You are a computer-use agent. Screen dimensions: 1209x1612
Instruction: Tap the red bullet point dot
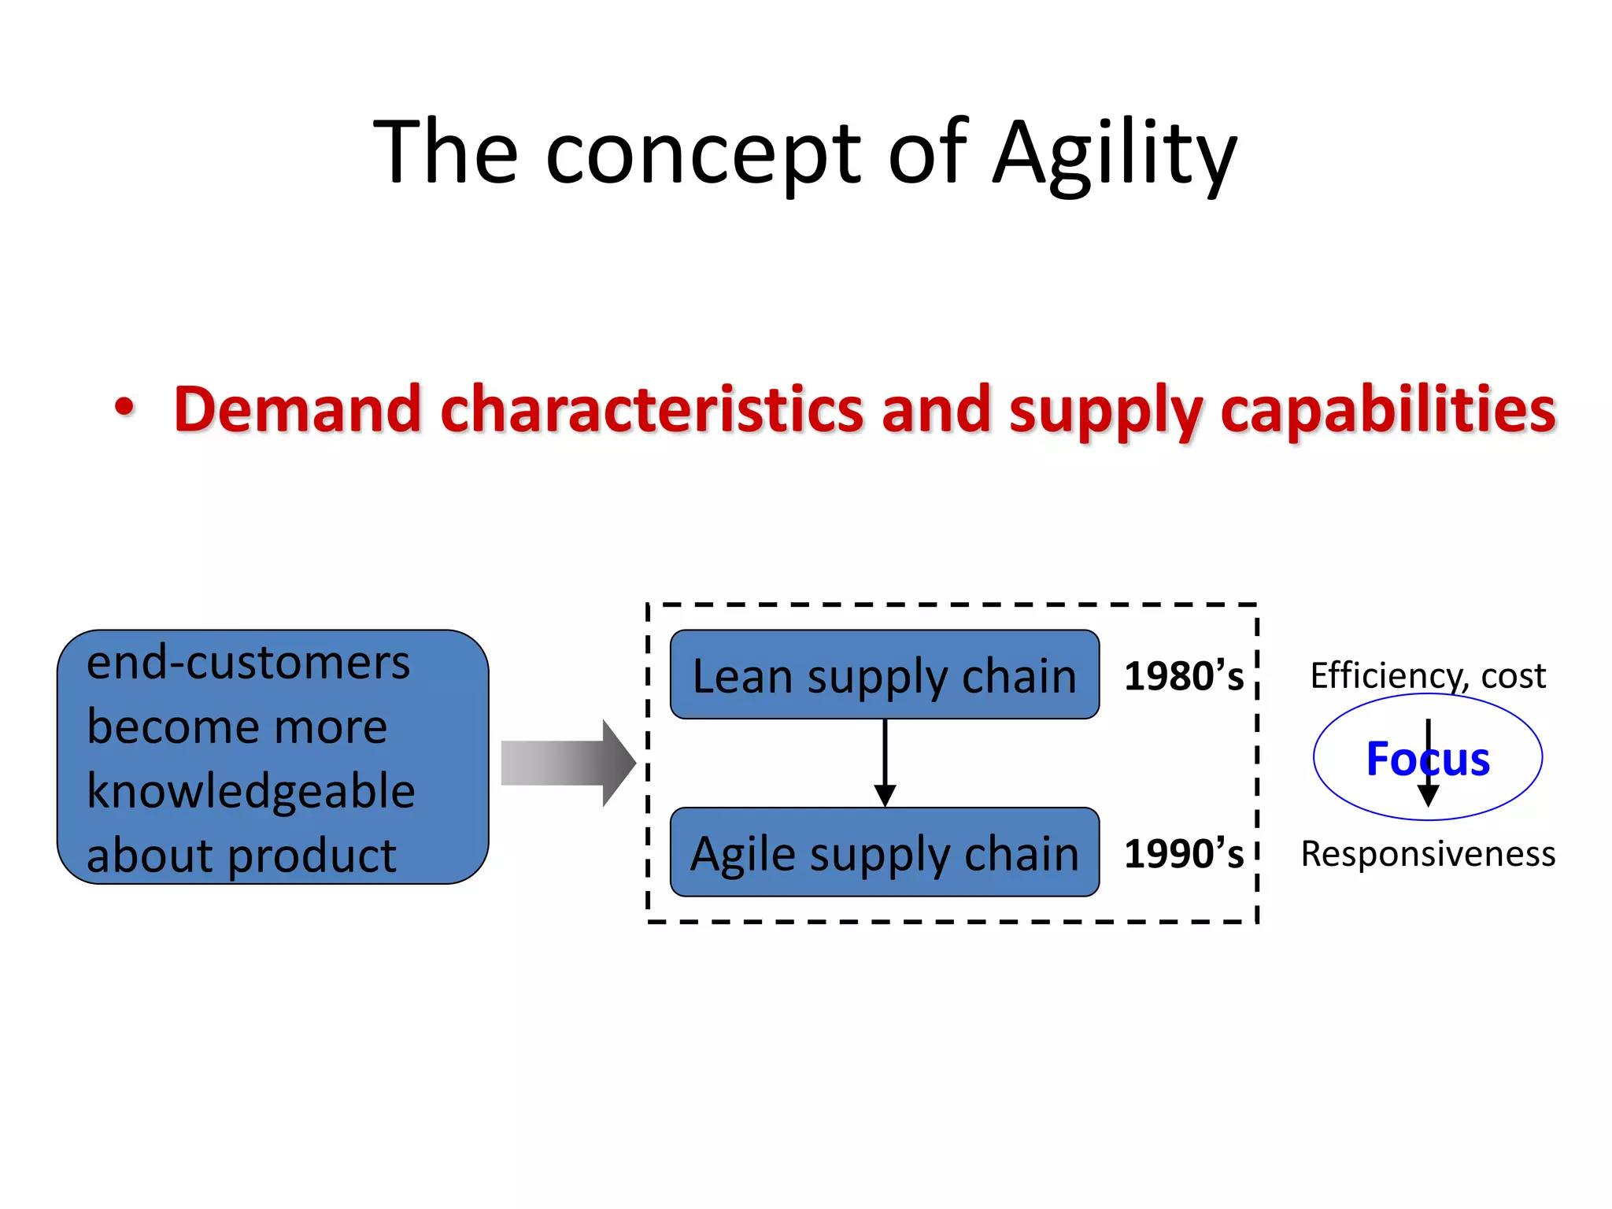[124, 407]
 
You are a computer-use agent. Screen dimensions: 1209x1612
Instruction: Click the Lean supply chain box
[884, 675]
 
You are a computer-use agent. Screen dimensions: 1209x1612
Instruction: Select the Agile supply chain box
[884, 852]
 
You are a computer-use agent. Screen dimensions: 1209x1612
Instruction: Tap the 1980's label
[1183, 676]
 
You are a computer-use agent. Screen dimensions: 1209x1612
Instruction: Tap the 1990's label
[1183, 854]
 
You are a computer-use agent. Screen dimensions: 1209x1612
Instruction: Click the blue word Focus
[1427, 759]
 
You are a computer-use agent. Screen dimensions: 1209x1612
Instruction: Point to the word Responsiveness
[1428, 854]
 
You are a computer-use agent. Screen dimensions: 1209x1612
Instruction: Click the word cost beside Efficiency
[1513, 676]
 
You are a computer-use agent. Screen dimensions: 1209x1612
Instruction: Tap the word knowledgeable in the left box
[250, 791]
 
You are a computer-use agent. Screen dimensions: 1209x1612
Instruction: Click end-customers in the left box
[248, 662]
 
